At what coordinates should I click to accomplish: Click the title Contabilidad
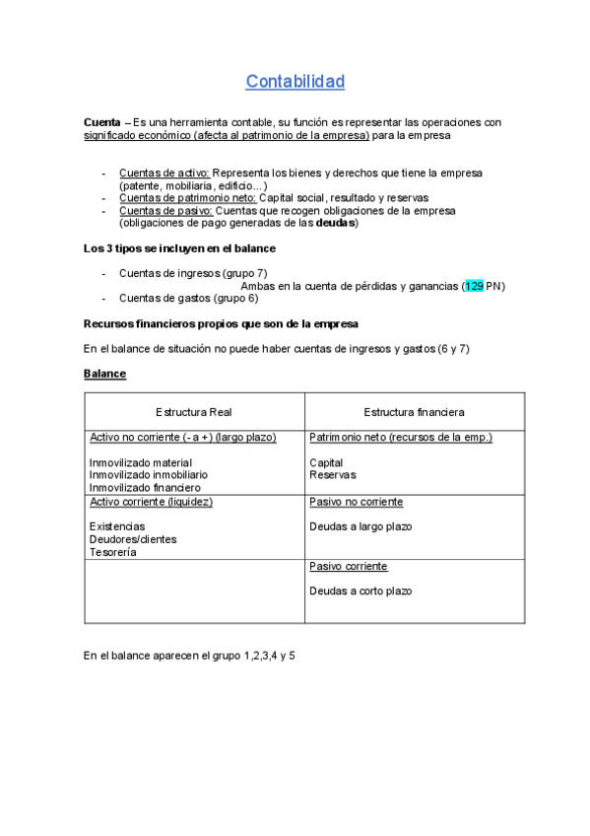point(295,81)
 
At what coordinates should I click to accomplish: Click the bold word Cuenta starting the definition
point(102,122)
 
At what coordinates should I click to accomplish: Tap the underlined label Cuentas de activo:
point(164,173)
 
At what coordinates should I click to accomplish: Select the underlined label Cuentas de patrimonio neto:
point(187,197)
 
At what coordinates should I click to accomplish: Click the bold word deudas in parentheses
point(334,223)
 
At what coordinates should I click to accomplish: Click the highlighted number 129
point(474,286)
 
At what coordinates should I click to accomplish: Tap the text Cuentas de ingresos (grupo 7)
point(193,273)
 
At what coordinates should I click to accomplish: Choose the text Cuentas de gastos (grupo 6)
point(188,298)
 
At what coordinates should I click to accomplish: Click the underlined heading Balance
point(104,374)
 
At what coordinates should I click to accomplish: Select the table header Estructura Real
point(194,411)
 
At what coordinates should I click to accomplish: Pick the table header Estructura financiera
point(414,411)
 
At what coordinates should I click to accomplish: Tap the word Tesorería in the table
point(113,552)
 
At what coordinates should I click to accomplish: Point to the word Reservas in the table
point(333,474)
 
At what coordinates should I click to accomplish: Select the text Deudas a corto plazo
point(361,591)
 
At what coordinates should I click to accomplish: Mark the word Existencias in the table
point(117,526)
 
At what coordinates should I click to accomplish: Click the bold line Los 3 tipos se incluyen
point(180,248)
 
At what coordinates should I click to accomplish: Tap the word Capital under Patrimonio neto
point(326,462)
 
